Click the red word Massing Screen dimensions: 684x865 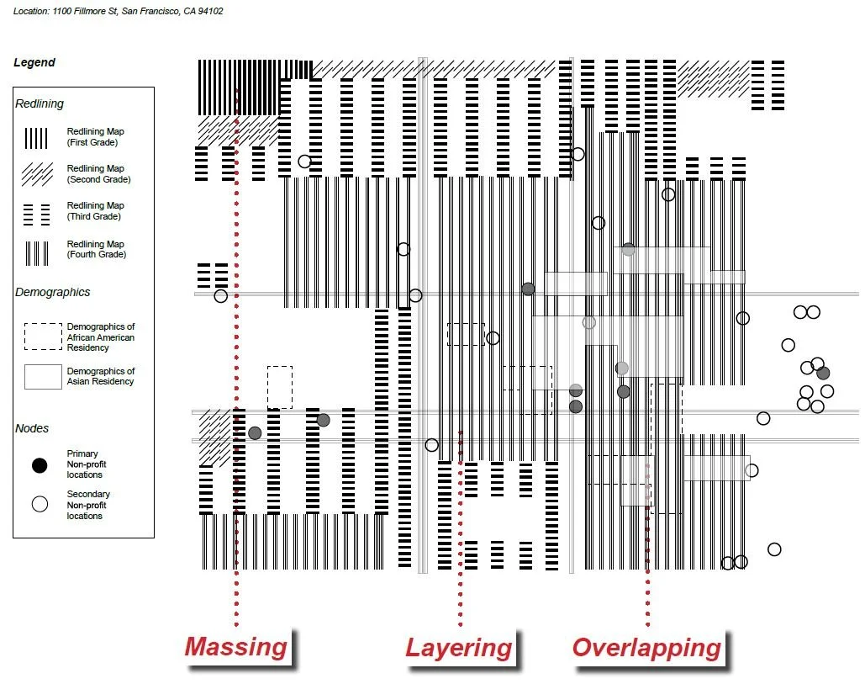click(x=236, y=647)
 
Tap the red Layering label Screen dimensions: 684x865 click(x=459, y=648)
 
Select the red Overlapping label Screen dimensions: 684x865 click(x=646, y=648)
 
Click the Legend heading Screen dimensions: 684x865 click(x=34, y=62)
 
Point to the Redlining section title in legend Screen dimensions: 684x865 click(x=40, y=104)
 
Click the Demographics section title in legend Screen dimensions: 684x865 click(x=52, y=293)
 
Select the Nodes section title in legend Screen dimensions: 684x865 click(x=32, y=429)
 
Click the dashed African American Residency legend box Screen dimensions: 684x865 click(x=43, y=337)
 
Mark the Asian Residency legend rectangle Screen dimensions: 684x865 click(x=43, y=377)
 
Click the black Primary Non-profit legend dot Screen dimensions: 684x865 click(x=40, y=464)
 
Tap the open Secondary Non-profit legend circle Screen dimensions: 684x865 click(x=40, y=505)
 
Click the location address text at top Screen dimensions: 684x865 click(x=119, y=12)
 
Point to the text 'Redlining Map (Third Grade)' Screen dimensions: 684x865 click(x=95, y=211)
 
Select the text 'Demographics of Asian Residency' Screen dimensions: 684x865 click(x=100, y=376)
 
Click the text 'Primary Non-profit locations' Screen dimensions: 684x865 click(x=86, y=464)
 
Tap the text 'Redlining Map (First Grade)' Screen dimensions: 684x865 click(x=95, y=137)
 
